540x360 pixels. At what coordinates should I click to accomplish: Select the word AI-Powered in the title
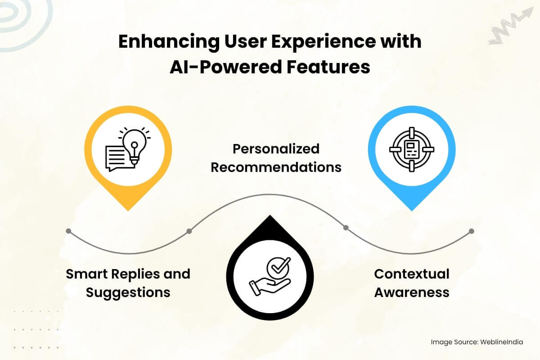pyautogui.click(x=225, y=67)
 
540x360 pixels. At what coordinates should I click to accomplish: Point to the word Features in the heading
pyautogui.click(x=328, y=67)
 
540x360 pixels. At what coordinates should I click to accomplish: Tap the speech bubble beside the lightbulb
pyautogui.click(x=117, y=158)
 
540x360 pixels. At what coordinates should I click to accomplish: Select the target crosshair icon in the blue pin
pyautogui.click(x=412, y=149)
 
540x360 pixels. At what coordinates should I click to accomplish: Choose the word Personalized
pyautogui.click(x=276, y=149)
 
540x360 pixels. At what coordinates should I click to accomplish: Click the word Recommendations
pyautogui.click(x=276, y=167)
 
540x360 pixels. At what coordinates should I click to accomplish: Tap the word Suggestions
pyautogui.click(x=128, y=293)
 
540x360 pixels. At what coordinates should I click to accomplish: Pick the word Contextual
pyautogui.click(x=412, y=274)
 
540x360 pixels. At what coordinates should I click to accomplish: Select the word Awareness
pyautogui.click(x=412, y=292)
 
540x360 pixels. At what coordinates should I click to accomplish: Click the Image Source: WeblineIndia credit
pyautogui.click(x=477, y=342)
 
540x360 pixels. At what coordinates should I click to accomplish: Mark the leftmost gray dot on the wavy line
pyautogui.click(x=68, y=231)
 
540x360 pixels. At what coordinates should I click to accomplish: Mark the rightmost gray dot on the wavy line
pyautogui.click(x=472, y=231)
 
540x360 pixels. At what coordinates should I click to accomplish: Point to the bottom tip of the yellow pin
pyautogui.click(x=128, y=211)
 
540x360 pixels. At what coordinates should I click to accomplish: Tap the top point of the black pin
pyautogui.click(x=270, y=215)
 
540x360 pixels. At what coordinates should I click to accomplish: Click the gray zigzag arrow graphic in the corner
pyautogui.click(x=511, y=26)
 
